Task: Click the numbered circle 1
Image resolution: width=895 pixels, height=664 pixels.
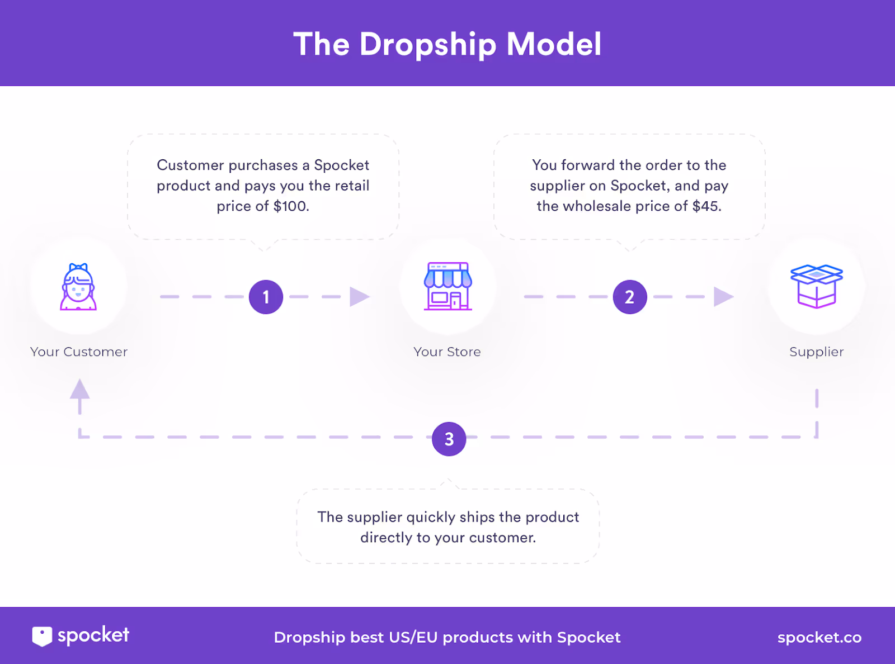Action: pos(266,297)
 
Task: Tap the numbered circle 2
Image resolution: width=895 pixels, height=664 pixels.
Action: pos(630,297)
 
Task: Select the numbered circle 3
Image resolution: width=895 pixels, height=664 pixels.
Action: pos(449,439)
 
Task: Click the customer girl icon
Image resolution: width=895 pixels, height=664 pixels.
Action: pos(78,287)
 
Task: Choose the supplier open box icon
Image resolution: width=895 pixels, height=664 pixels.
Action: pos(816,286)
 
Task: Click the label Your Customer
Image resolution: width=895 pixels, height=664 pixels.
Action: pos(79,352)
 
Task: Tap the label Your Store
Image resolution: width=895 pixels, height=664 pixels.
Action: pos(447,352)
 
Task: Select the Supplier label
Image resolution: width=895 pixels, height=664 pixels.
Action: pos(816,352)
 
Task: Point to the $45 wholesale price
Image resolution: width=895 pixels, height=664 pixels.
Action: pos(706,206)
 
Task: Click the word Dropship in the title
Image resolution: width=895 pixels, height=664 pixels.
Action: pos(428,45)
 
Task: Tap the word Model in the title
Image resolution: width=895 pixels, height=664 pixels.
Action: pos(554,44)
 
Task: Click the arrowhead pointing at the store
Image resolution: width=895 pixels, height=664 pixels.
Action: pos(359,297)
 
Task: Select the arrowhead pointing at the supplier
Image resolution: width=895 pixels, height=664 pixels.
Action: pos(723,297)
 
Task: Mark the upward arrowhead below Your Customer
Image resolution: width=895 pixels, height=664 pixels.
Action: pos(79,389)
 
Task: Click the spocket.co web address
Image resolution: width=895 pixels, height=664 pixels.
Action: pos(819,637)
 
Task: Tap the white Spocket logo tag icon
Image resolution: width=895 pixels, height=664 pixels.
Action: pos(42,636)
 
